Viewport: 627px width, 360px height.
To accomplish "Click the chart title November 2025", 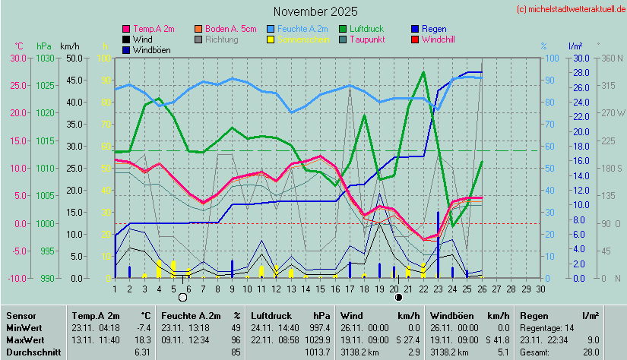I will point(315,11).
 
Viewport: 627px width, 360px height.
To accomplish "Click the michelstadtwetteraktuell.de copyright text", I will point(571,9).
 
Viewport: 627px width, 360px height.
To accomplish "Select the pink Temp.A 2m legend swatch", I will point(125,29).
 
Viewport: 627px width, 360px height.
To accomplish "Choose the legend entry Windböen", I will point(150,50).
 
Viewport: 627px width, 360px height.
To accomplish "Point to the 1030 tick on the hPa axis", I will point(46,58).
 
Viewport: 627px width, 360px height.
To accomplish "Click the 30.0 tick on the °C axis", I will point(17,58).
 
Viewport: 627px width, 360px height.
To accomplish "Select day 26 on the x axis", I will point(483,288).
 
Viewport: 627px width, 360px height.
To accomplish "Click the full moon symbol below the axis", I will point(182,297).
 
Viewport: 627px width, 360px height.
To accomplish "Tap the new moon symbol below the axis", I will point(399,297).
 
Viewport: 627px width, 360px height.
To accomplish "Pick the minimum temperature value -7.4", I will point(143,327).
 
